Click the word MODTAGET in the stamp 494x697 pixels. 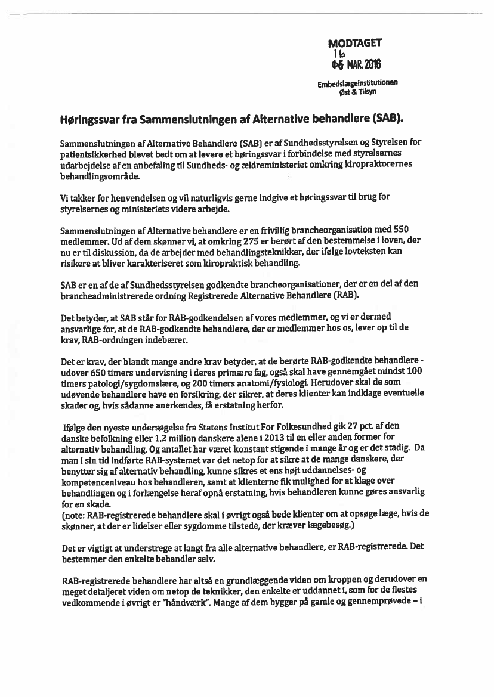[354, 43]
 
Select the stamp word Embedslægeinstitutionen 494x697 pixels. [358, 83]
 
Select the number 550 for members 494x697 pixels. [400, 230]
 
